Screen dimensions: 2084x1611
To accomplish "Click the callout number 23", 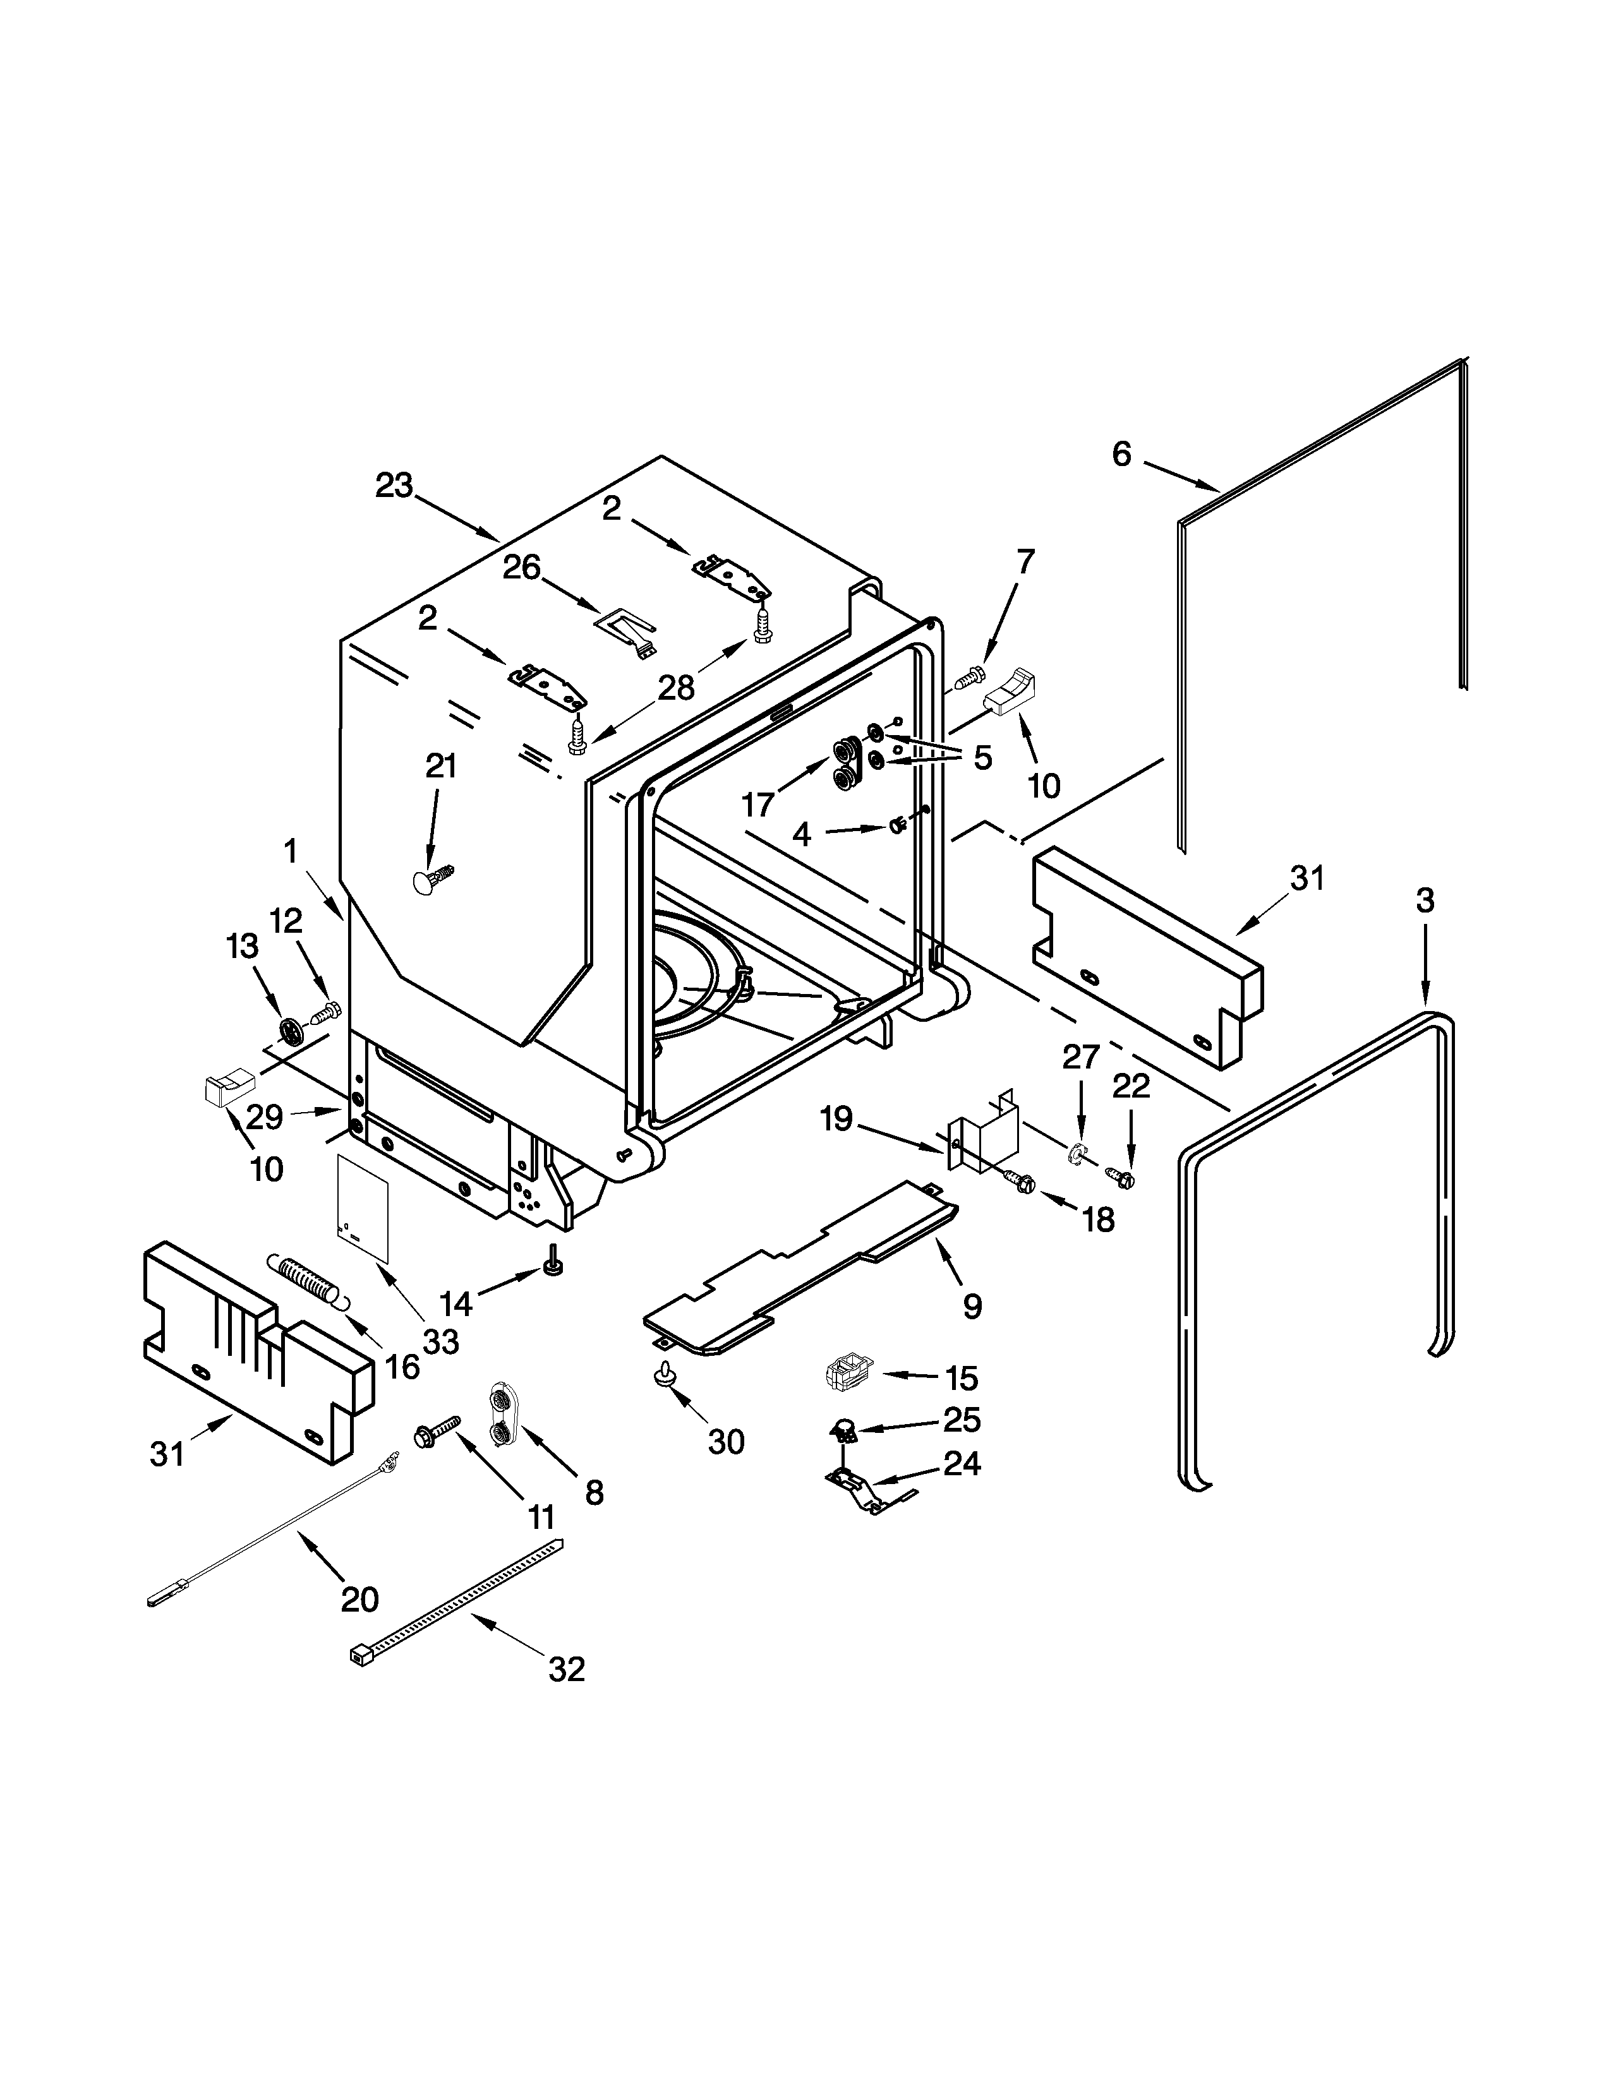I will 392,486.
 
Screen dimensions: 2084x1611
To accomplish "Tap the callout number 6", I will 1121,454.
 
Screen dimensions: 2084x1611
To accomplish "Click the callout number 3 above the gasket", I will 1424,900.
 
